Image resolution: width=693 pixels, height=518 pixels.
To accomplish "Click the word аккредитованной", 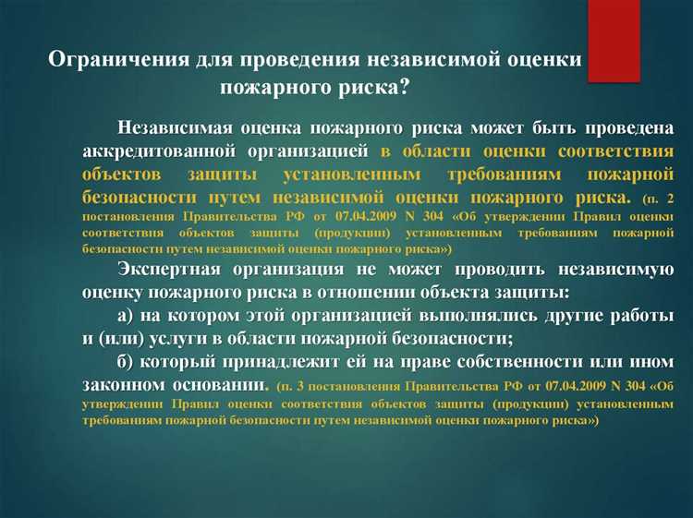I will [148, 151].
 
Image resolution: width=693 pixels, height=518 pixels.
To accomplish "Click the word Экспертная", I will [173, 269].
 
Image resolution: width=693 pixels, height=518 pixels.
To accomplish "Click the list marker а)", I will [129, 316].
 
